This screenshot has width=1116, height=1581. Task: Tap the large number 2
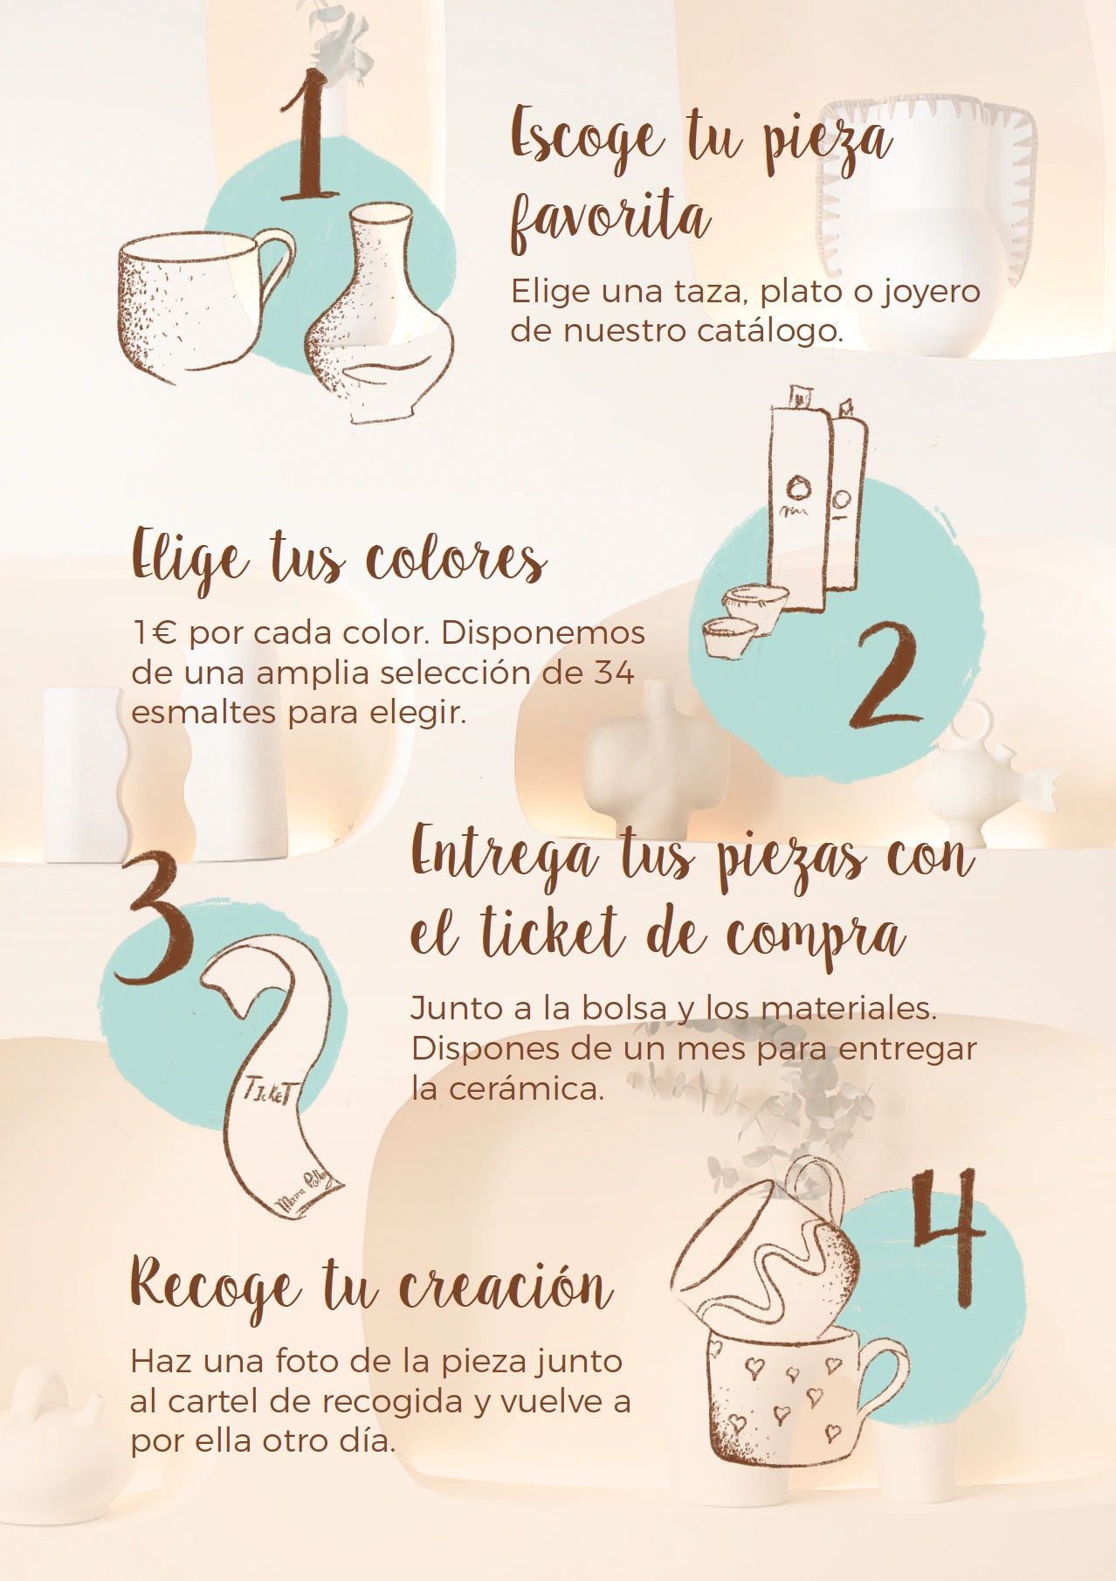[x=885, y=676]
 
